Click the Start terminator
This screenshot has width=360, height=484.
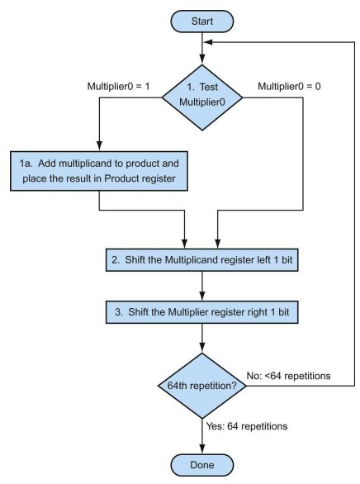202,21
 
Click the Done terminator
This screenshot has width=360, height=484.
202,465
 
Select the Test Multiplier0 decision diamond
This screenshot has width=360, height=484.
202,97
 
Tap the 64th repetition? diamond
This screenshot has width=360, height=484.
202,386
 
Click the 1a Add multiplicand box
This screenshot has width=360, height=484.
99,171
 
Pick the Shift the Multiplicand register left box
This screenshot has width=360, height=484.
202,260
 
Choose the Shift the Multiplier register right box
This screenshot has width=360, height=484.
202,312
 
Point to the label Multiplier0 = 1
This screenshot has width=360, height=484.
118,87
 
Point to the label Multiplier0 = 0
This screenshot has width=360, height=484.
289,87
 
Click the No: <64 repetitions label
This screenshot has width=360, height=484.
288,376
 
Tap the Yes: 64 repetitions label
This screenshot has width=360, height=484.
247,426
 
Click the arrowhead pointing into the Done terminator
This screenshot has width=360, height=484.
202,449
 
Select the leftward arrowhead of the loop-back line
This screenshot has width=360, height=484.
208,42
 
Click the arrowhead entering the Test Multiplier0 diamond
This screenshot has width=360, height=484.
202,60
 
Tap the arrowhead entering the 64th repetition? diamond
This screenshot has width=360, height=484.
202,349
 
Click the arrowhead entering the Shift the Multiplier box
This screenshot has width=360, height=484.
202,297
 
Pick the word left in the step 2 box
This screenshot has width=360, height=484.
263,259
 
